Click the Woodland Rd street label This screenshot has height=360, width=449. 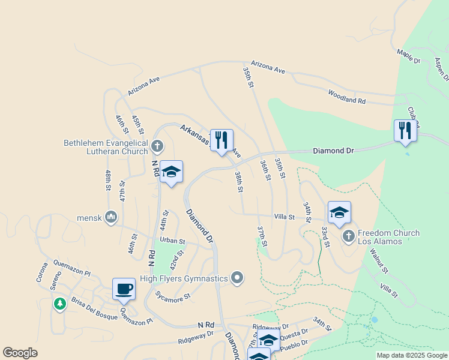pyautogui.click(x=346, y=97)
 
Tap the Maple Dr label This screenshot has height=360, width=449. pyautogui.click(x=408, y=56)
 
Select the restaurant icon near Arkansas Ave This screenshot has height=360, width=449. pyautogui.click(x=221, y=140)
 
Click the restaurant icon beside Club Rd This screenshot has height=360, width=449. pyautogui.click(x=405, y=131)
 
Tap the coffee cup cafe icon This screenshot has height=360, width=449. pyautogui.click(x=124, y=289)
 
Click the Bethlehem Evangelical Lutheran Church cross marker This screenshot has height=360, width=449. pyautogui.click(x=157, y=146)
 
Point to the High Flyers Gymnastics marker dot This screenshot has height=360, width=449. pyautogui.click(x=238, y=278)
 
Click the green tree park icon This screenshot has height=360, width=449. pyautogui.click(x=59, y=304)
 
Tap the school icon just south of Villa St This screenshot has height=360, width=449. pyautogui.click(x=339, y=212)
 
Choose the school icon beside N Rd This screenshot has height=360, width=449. pyautogui.click(x=171, y=172)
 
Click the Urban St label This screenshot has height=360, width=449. pyautogui.click(x=173, y=241)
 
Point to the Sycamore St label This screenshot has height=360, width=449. pyautogui.click(x=172, y=296)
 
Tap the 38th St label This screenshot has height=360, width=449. pyautogui.click(x=239, y=181)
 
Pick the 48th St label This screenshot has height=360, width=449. pyautogui.click(x=109, y=180)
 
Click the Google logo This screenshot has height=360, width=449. pyautogui.click(x=20, y=353)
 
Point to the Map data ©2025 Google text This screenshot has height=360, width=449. pyautogui.click(x=412, y=355)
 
